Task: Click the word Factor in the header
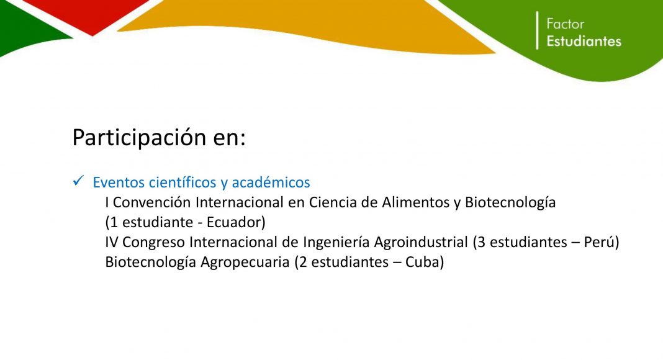click(565, 24)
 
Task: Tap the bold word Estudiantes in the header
click(584, 41)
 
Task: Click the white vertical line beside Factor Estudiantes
click(538, 30)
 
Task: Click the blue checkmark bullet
click(78, 181)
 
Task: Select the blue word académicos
click(271, 182)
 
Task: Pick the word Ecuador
click(234, 222)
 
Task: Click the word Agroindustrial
click(421, 242)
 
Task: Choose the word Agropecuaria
click(245, 263)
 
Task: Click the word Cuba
click(422, 262)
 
